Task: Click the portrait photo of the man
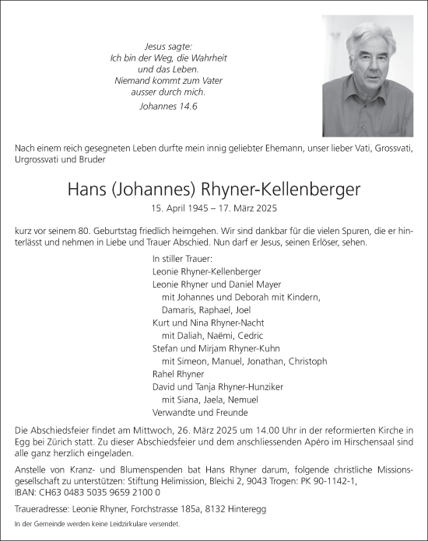(x=368, y=76)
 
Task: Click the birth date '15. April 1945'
(x=181, y=208)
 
